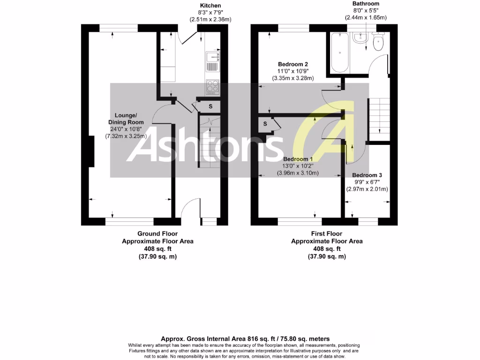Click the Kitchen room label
[210, 6]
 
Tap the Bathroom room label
[366, 4]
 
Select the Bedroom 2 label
[293, 64]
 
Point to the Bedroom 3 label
[367, 175]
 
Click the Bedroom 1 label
[298, 159]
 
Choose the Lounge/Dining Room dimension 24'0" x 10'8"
[126, 129]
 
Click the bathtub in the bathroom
[340, 52]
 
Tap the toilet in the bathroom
[378, 42]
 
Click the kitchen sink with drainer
[213, 61]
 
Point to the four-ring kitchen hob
[213, 87]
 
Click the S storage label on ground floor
[210, 106]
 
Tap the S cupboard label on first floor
[265, 124]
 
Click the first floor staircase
[379, 120]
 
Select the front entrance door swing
[190, 207]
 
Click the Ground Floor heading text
[157, 233]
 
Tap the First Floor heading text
[327, 233]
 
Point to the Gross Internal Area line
[245, 339]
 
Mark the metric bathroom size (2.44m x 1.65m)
[366, 17]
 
